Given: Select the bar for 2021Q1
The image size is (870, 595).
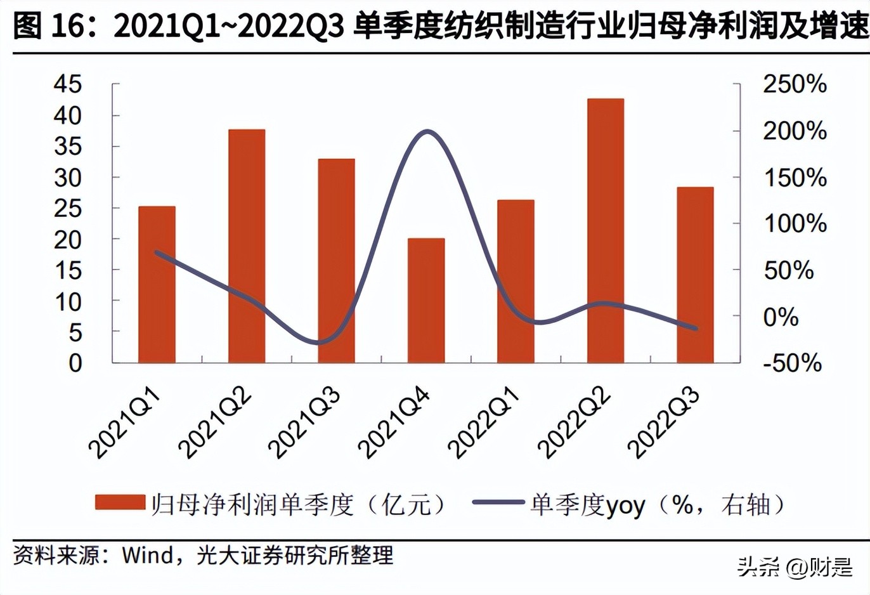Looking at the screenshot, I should click(x=157, y=285).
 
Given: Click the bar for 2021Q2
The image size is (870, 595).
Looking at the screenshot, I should click(x=247, y=247).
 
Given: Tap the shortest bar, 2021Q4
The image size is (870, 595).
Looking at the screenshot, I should click(x=426, y=301).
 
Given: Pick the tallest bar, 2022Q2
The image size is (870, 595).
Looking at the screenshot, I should click(x=606, y=232).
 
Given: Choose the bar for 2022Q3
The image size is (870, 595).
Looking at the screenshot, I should click(x=695, y=276).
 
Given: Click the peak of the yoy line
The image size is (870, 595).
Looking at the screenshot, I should click(x=427, y=132).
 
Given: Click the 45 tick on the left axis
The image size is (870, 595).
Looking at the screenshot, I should click(x=68, y=84).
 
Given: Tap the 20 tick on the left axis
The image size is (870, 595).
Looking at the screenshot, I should click(x=68, y=240).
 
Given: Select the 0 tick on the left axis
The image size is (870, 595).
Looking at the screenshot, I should click(x=75, y=363).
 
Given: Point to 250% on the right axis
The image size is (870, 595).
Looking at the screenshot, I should click(x=794, y=84).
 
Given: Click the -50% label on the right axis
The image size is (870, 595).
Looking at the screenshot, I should click(x=791, y=363).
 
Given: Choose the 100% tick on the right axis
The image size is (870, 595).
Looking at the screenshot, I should click(x=794, y=224).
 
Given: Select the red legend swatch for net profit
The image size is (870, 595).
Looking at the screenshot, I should click(x=120, y=503).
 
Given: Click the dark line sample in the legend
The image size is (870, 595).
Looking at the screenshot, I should click(x=498, y=503).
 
